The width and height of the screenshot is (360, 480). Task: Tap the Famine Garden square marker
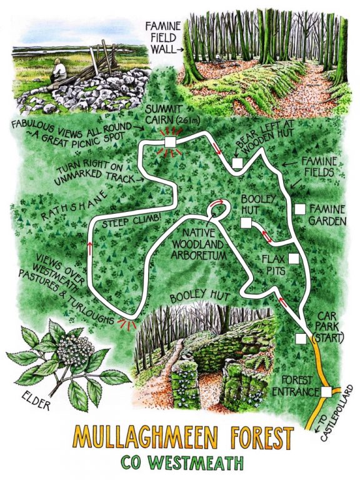point(301,208)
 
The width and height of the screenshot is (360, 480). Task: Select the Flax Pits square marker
point(294,257)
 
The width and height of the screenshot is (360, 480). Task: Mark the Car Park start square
point(301,339)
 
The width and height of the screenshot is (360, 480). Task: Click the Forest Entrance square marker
point(326,392)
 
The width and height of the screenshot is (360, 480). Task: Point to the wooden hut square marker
point(237,163)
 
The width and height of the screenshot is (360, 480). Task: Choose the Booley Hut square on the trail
point(246,223)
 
